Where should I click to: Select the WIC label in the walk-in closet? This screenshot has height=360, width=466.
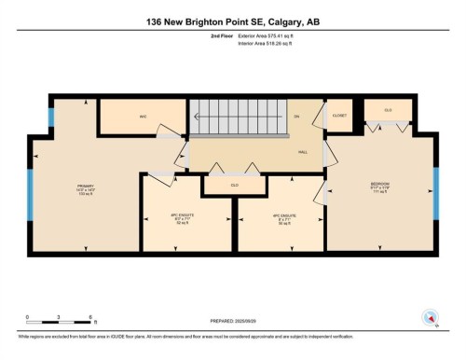point(144,118)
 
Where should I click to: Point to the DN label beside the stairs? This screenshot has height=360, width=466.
point(296,117)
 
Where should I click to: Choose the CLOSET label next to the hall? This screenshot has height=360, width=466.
point(340,117)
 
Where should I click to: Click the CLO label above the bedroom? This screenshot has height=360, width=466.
point(388,109)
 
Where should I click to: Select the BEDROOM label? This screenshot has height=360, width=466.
point(379,185)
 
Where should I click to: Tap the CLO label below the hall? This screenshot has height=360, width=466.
point(234,186)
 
